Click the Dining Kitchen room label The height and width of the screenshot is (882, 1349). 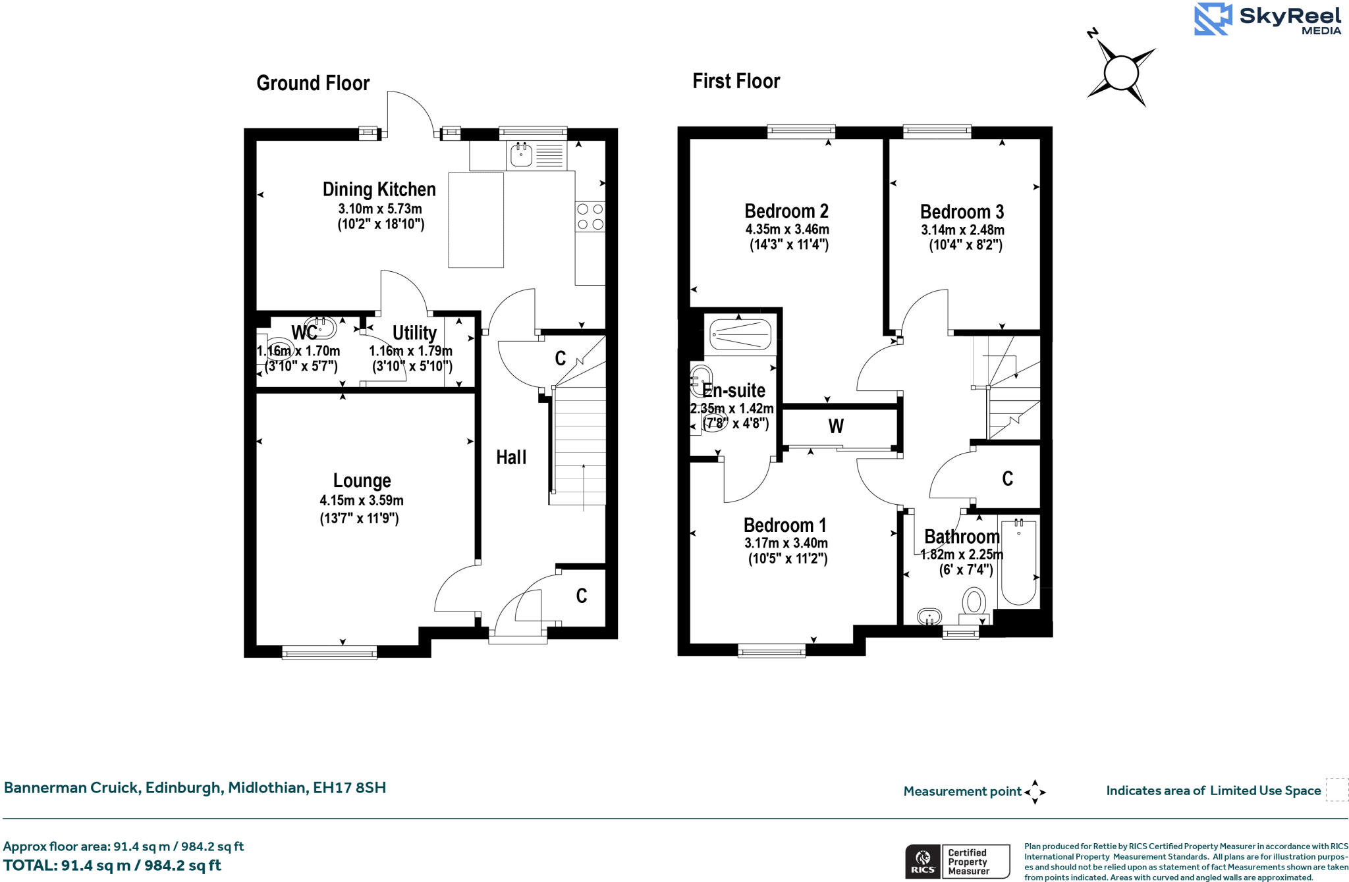tap(379, 190)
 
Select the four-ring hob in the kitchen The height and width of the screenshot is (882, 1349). tap(590, 217)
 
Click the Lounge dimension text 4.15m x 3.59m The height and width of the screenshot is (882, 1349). tap(362, 500)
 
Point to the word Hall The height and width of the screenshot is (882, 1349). tap(511, 457)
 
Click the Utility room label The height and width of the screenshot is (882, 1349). tap(414, 333)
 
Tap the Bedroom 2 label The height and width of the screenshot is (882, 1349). tap(786, 211)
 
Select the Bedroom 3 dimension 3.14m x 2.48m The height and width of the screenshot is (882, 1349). tap(962, 230)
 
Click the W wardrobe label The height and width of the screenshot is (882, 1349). tap(836, 427)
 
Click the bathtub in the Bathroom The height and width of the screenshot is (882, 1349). tap(1018, 563)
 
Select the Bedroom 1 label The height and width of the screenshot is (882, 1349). tap(785, 525)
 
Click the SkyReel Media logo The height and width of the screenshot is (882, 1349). tap(1267, 19)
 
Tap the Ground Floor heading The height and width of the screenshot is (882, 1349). tap(313, 84)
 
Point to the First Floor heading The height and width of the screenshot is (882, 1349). tap(736, 82)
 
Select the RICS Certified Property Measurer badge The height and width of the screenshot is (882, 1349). tap(957, 861)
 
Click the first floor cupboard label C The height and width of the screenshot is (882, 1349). tap(1007, 479)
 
